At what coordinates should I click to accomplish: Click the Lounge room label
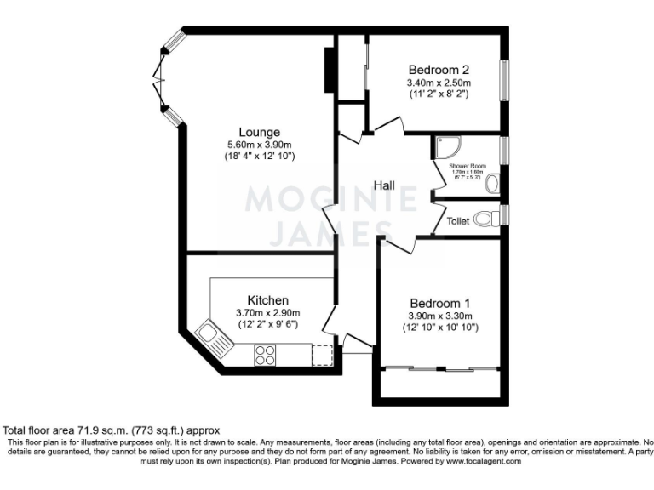[x=259, y=132]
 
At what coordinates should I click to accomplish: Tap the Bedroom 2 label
[x=439, y=70]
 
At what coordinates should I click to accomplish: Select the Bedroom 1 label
[x=439, y=303]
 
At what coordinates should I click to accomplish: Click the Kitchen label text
[x=267, y=300]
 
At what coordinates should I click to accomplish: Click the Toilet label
[x=458, y=220]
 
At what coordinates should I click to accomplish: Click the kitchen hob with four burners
[x=265, y=355]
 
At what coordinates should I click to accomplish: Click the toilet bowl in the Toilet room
[x=485, y=219]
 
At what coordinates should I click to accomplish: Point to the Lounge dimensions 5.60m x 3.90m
[x=259, y=145]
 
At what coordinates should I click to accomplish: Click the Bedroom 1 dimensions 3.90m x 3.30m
[x=439, y=316]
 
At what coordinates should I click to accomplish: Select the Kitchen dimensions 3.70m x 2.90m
[x=267, y=313]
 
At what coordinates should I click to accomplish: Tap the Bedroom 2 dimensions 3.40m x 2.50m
[x=439, y=83]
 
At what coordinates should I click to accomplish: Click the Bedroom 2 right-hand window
[x=503, y=83]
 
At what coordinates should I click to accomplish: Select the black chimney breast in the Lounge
[x=328, y=70]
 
